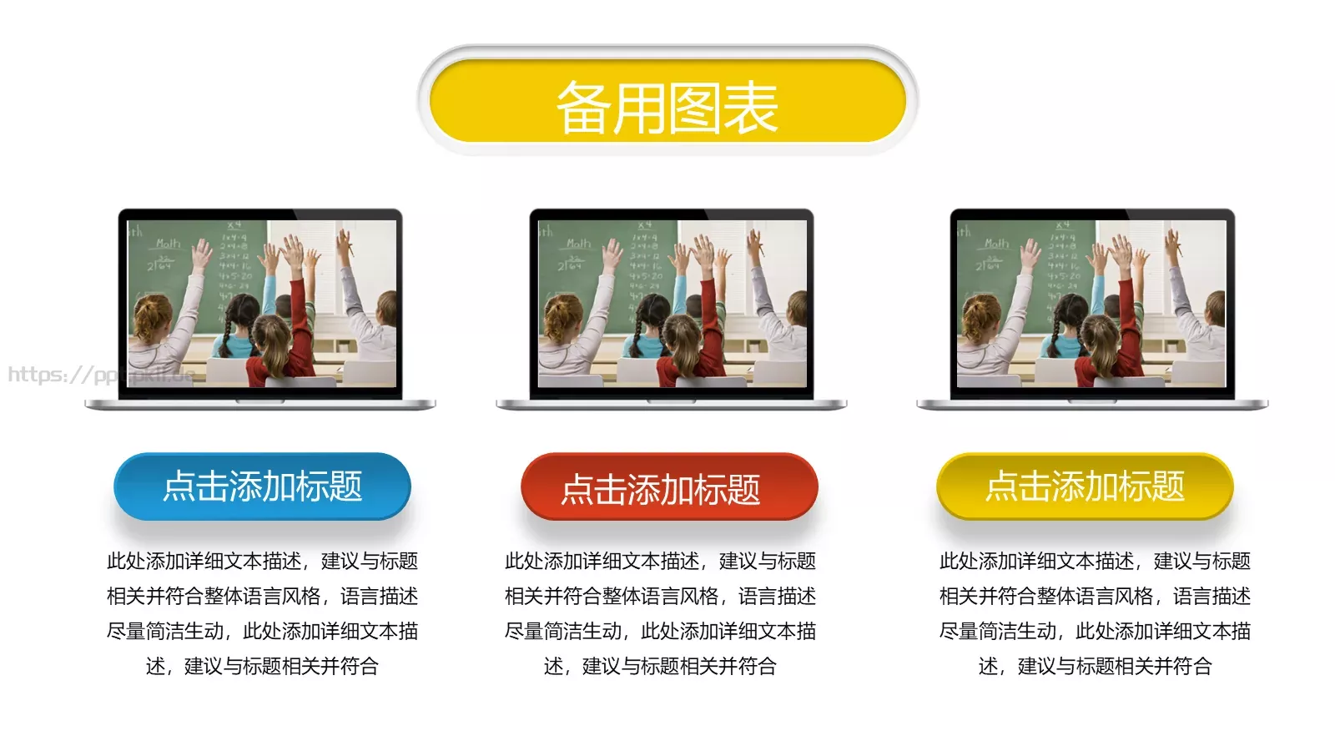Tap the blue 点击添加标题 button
point(262,486)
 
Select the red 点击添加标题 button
point(669,487)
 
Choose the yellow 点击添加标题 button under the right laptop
point(1085,486)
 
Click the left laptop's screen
point(261,303)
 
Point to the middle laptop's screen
point(672,303)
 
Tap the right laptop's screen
point(1091,303)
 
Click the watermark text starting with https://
point(100,374)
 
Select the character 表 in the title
point(750,108)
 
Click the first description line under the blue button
point(262,561)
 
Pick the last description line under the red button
point(660,666)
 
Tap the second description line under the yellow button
point(1095,596)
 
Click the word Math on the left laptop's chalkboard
point(168,244)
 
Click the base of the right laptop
point(1091,405)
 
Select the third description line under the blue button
point(262,631)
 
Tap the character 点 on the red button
point(577,489)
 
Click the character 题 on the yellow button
point(1168,486)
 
